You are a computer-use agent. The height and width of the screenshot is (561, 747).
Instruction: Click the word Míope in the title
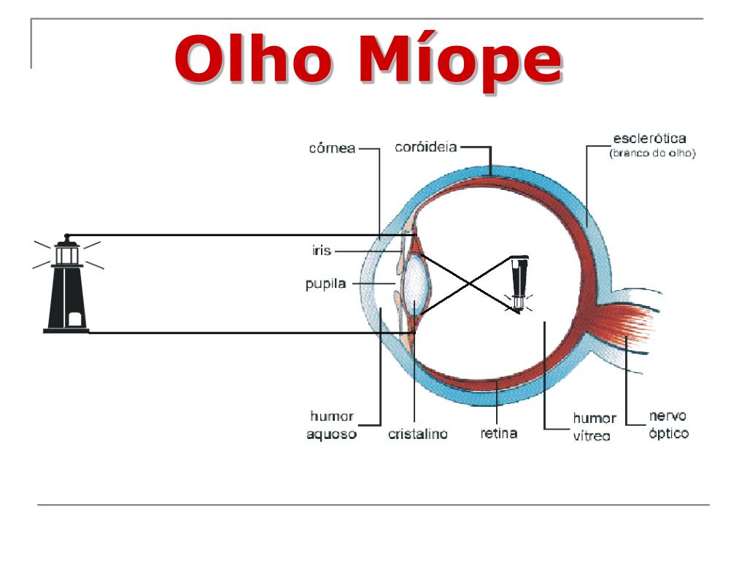[x=460, y=60]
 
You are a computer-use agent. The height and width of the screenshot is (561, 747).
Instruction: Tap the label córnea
[x=331, y=148]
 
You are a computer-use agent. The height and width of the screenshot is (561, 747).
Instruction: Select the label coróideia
[x=426, y=147]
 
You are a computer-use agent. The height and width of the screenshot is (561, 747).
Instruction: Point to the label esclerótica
[x=649, y=139]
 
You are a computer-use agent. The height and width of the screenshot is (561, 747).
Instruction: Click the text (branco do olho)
[x=652, y=154]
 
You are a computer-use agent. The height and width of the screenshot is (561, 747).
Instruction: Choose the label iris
[x=321, y=251]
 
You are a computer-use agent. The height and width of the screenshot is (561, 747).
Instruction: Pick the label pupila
[x=325, y=284]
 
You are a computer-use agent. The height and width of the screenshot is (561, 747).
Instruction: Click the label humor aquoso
[x=333, y=425]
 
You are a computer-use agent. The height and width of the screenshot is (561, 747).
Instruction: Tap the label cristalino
[x=417, y=434]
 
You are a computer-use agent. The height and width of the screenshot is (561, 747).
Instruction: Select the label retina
[x=499, y=433]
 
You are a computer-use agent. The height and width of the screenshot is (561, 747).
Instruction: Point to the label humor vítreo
[x=594, y=427]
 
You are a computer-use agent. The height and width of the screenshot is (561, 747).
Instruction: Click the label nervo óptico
[x=668, y=424]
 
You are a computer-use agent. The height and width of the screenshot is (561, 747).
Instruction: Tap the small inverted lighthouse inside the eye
[x=519, y=283]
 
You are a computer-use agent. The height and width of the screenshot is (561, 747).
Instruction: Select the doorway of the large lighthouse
[x=73, y=319]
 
